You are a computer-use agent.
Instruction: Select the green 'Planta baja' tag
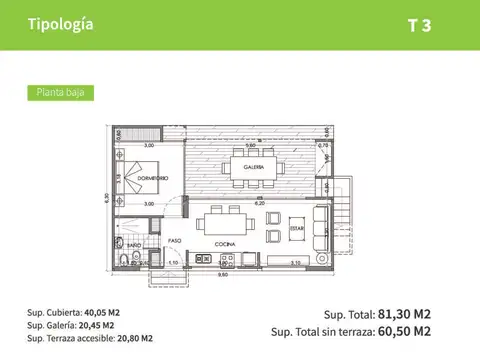59,92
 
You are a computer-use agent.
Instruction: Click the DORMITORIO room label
151,177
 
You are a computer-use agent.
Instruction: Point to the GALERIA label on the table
253,167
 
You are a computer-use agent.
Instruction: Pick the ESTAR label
297,226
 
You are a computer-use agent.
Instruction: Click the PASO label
174,240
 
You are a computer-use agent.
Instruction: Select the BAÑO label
133,244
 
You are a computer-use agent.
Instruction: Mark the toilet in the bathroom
122,261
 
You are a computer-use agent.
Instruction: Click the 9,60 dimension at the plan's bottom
225,275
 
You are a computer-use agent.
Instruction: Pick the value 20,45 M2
97,325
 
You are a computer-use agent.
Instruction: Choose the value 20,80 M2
134,338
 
